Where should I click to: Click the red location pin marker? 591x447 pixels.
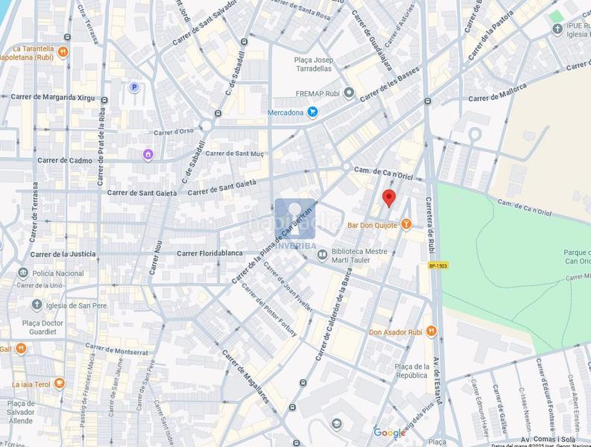(x=388, y=198)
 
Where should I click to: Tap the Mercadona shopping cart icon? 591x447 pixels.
(x=313, y=112)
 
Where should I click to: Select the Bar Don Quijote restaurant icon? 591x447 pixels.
(x=406, y=223)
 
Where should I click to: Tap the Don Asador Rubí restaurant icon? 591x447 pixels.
(x=432, y=332)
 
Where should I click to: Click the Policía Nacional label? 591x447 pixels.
(x=60, y=273)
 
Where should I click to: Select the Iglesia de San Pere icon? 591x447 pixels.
(x=37, y=304)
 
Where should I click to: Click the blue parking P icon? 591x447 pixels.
(x=134, y=87)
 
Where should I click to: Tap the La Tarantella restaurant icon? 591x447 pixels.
(x=63, y=52)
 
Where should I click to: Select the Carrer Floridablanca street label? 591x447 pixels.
(x=209, y=253)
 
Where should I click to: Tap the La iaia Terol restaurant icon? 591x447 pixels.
(x=60, y=384)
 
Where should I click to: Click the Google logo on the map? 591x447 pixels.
(x=389, y=433)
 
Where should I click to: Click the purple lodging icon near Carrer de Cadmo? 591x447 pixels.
(x=148, y=154)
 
